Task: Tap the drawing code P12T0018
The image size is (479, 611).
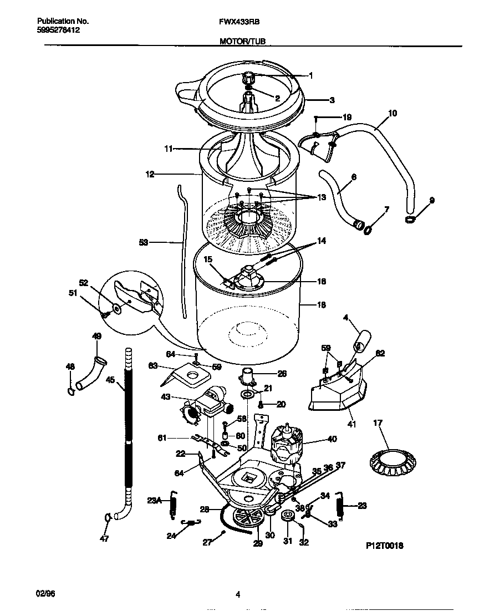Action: pyautogui.click(x=385, y=546)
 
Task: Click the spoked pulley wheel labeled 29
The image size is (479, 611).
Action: pyautogui.click(x=247, y=520)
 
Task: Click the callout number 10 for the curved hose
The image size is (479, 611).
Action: pyautogui.click(x=393, y=113)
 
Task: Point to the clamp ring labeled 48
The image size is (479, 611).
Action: pyautogui.click(x=71, y=392)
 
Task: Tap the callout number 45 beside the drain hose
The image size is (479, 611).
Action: pyautogui.click(x=110, y=380)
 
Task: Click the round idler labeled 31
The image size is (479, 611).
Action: pyautogui.click(x=287, y=517)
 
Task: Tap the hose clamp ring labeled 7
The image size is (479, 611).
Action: pyautogui.click(x=367, y=228)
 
